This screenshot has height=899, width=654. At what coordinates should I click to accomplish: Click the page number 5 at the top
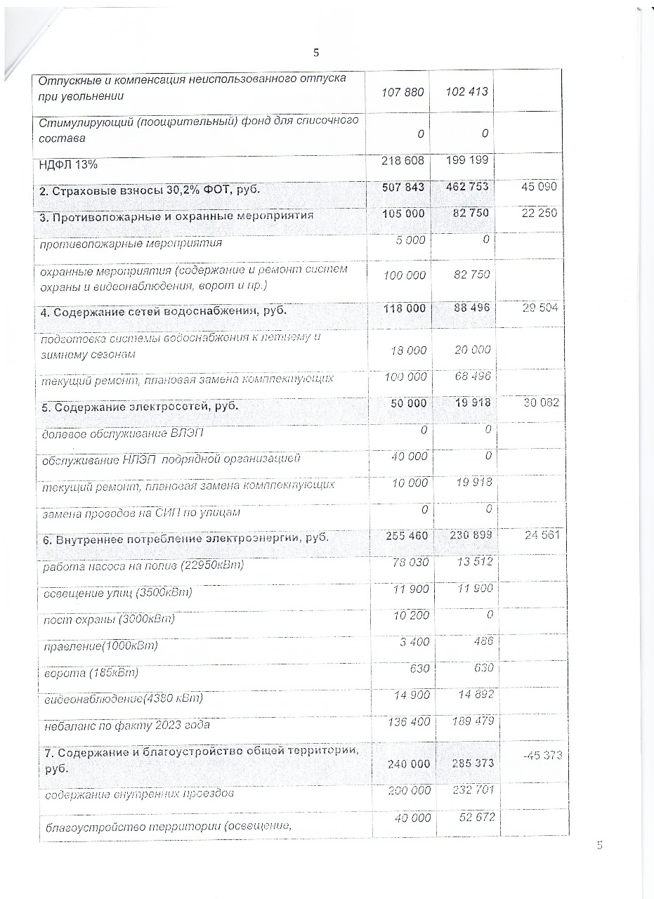click(x=316, y=53)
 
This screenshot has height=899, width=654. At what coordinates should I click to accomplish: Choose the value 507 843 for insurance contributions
click(x=403, y=188)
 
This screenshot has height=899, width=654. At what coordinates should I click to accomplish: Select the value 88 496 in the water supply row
click(x=466, y=308)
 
